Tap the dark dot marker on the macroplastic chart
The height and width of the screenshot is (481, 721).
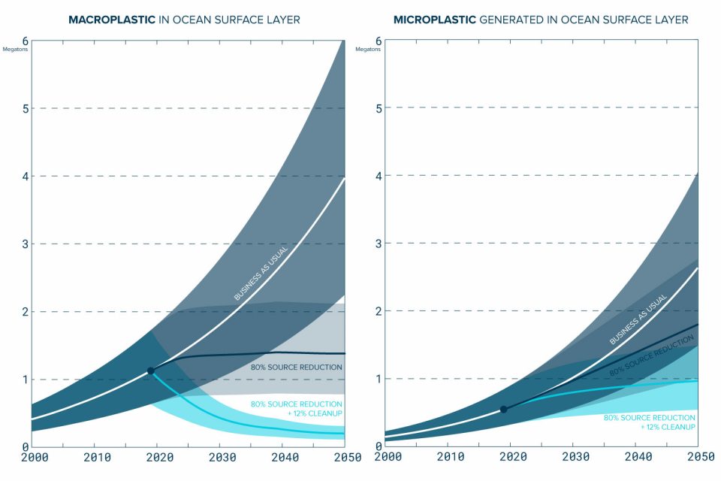tap(150, 371)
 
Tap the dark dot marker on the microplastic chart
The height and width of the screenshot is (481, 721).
tap(503, 410)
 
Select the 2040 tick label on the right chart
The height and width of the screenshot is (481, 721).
tap(637, 457)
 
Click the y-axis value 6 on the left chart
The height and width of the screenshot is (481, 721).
tap(25, 41)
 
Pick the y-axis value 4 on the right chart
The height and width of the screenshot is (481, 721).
tap(378, 176)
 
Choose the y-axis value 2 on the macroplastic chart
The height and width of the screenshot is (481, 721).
tap(25, 311)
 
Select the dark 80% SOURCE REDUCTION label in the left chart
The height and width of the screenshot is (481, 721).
tap(297, 367)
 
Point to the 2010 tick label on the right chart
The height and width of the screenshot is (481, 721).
tap(449, 457)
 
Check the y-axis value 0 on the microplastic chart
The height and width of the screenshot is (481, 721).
tap(378, 446)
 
